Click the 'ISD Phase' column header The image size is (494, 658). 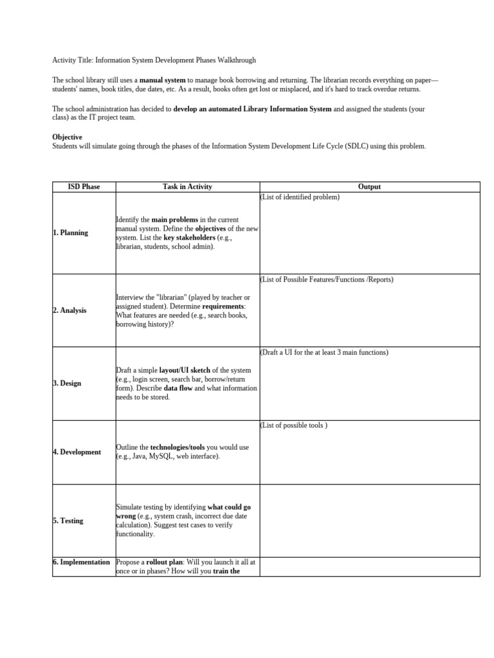click(84, 187)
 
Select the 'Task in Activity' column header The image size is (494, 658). click(187, 187)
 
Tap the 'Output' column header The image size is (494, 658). click(369, 187)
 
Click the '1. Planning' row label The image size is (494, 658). click(71, 233)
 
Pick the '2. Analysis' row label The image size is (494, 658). click(69, 310)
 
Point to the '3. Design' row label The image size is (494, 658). click(67, 384)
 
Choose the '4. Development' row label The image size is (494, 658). click(77, 452)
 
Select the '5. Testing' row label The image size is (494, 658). click(68, 520)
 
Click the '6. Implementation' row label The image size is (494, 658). click(82, 562)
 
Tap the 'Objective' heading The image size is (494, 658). click(67, 137)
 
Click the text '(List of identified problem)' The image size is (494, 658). click(299, 197)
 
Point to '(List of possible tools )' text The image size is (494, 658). click(293, 425)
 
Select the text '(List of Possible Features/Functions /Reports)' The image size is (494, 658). click(326, 280)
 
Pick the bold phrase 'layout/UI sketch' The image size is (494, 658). click(180, 370)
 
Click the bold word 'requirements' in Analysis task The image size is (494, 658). click(228, 307)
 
